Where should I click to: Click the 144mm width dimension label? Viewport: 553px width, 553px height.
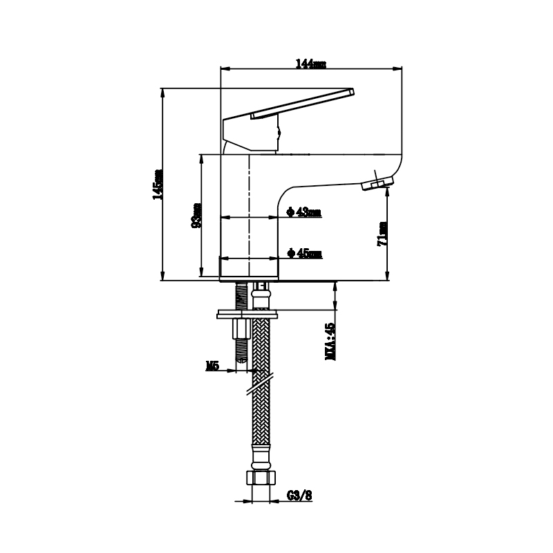(310, 64)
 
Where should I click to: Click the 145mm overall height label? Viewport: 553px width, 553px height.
(158, 185)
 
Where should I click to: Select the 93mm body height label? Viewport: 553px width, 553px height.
(196, 215)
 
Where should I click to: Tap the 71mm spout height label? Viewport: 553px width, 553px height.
(382, 234)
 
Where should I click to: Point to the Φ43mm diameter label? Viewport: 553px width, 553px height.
(304, 212)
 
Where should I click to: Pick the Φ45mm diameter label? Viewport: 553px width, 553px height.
(305, 253)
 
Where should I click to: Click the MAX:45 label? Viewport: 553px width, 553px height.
(330, 341)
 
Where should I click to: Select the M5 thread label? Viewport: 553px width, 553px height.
(212, 366)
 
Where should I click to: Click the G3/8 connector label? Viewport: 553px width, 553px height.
(299, 496)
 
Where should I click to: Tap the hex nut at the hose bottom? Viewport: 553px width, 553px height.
(261, 478)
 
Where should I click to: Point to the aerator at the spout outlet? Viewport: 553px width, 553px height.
(377, 183)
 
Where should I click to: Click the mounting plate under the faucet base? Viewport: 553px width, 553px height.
(247, 314)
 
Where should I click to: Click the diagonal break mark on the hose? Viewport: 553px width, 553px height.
(260, 383)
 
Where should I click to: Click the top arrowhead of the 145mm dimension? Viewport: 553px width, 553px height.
(162, 93)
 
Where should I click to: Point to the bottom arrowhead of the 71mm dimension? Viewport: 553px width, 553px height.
(387, 276)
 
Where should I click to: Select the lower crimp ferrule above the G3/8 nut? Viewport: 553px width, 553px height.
(261, 457)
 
